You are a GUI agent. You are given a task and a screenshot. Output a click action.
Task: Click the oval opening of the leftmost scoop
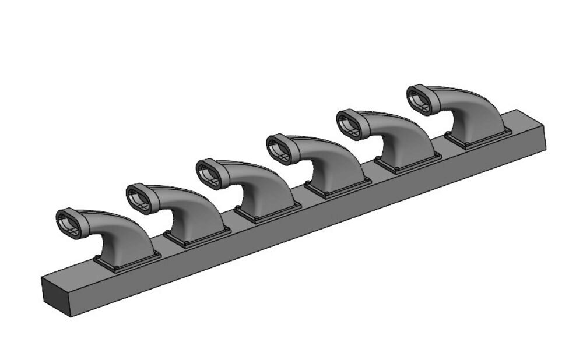[x=69, y=223]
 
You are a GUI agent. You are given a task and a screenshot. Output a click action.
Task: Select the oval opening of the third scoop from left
[x=209, y=174]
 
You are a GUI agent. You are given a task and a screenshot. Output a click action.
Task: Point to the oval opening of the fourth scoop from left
[x=279, y=149]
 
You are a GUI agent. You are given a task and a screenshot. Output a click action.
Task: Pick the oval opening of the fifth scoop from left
[x=349, y=123]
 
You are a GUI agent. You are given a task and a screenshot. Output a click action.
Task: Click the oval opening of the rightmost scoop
[x=419, y=99]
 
